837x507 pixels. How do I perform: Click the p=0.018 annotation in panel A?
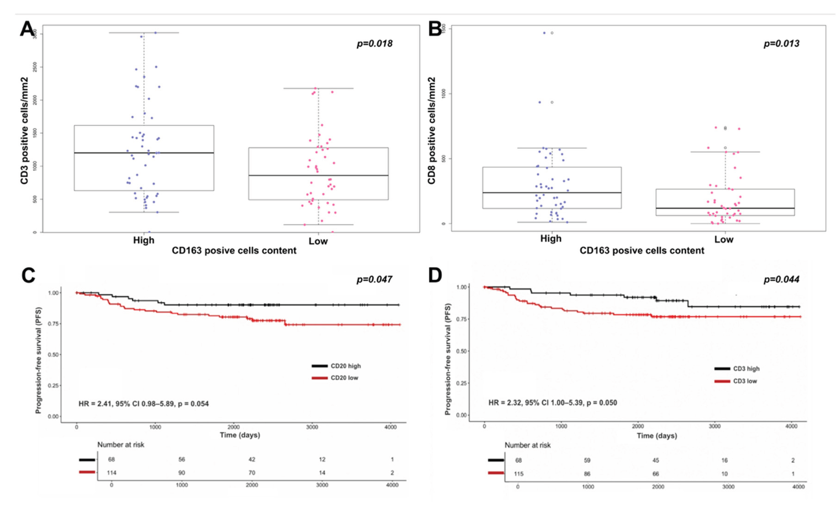374,44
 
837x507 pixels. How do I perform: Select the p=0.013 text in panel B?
781,44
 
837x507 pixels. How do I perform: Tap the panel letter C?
28,275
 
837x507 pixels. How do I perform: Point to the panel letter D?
435,275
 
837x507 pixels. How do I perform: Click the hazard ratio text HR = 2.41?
144,404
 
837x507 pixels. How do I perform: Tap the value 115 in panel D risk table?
518,474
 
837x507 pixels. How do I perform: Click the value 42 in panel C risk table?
252,460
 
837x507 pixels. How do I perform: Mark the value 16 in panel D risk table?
725,460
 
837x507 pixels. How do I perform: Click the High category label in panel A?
144,240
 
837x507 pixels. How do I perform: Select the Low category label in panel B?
724,239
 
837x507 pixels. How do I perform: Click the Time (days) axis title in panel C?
240,435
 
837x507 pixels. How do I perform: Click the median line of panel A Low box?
318,175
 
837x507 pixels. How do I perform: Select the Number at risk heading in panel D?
528,445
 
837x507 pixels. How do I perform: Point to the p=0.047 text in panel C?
374,279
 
